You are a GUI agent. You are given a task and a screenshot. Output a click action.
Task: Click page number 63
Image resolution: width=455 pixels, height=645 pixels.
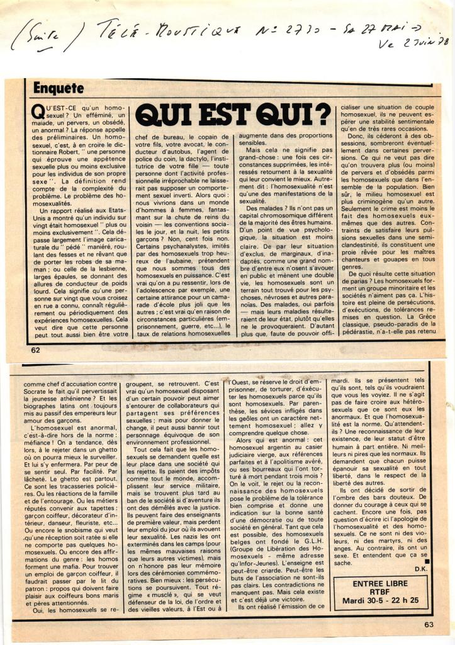429,625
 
